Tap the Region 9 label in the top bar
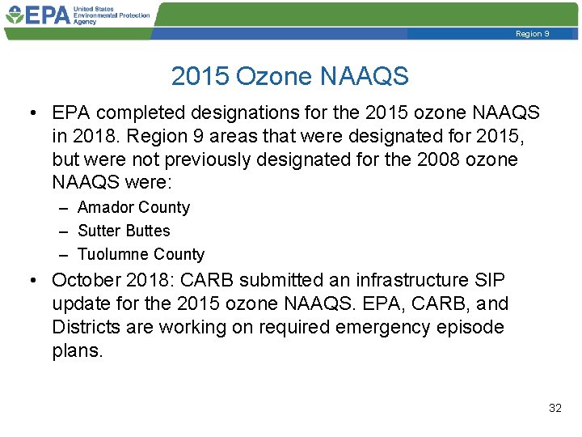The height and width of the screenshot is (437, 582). click(x=532, y=34)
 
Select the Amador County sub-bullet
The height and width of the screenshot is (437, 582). click(x=133, y=207)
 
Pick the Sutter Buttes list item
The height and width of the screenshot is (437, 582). click(x=124, y=231)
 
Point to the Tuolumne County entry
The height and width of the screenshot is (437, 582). click(x=141, y=254)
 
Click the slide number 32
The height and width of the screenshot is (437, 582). click(x=555, y=408)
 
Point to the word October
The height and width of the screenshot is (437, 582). click(x=85, y=280)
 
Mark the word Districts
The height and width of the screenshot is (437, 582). click(x=86, y=328)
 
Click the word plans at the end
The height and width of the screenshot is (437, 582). click(x=78, y=351)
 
